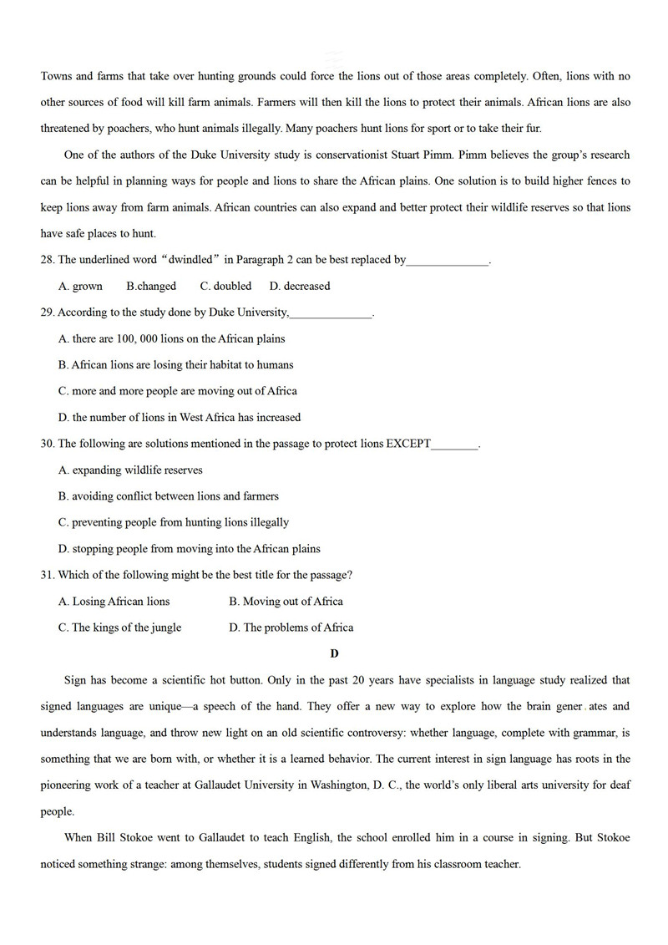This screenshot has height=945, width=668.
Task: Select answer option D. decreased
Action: tap(300, 286)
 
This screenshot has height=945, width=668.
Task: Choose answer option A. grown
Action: tap(81, 286)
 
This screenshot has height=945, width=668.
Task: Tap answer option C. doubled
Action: tap(225, 286)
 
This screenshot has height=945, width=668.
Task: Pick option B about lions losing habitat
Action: tap(176, 365)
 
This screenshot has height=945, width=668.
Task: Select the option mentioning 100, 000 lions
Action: tap(172, 338)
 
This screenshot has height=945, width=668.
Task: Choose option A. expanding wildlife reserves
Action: tap(130, 470)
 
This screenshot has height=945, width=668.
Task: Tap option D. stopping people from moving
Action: tap(190, 549)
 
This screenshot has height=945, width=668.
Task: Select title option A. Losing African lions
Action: tap(114, 602)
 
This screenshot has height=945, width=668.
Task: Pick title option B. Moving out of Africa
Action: tap(286, 602)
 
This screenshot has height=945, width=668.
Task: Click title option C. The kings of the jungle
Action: tap(120, 627)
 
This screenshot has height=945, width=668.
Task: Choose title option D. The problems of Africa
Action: tap(291, 627)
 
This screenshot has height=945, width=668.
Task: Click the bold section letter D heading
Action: tap(334, 653)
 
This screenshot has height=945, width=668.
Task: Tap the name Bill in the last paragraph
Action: tap(109, 838)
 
